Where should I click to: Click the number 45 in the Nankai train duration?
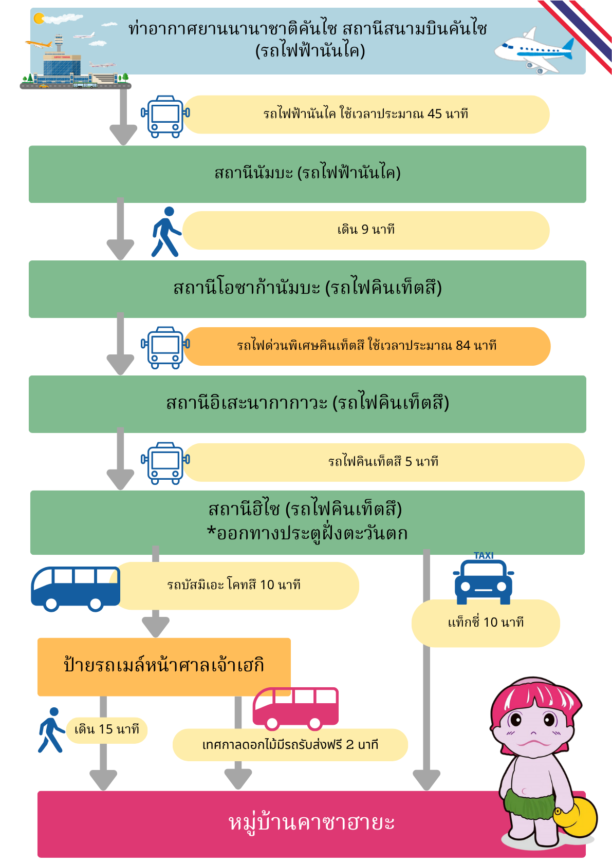click(434, 114)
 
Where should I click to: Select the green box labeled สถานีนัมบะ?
click(307, 174)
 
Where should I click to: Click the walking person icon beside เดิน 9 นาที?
click(166, 232)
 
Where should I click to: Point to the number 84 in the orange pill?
click(463, 345)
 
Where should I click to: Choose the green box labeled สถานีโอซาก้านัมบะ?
click(307, 289)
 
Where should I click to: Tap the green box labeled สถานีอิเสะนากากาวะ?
click(307, 404)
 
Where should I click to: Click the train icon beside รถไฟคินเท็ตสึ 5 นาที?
click(165, 463)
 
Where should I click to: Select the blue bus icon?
click(76, 589)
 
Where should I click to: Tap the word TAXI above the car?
click(484, 555)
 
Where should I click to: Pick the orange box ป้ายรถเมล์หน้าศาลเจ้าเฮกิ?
click(164, 667)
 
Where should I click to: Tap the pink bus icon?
click(295, 709)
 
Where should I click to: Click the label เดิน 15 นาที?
click(107, 729)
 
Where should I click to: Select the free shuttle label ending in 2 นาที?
click(290, 744)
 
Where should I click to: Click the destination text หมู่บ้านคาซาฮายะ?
click(311, 823)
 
